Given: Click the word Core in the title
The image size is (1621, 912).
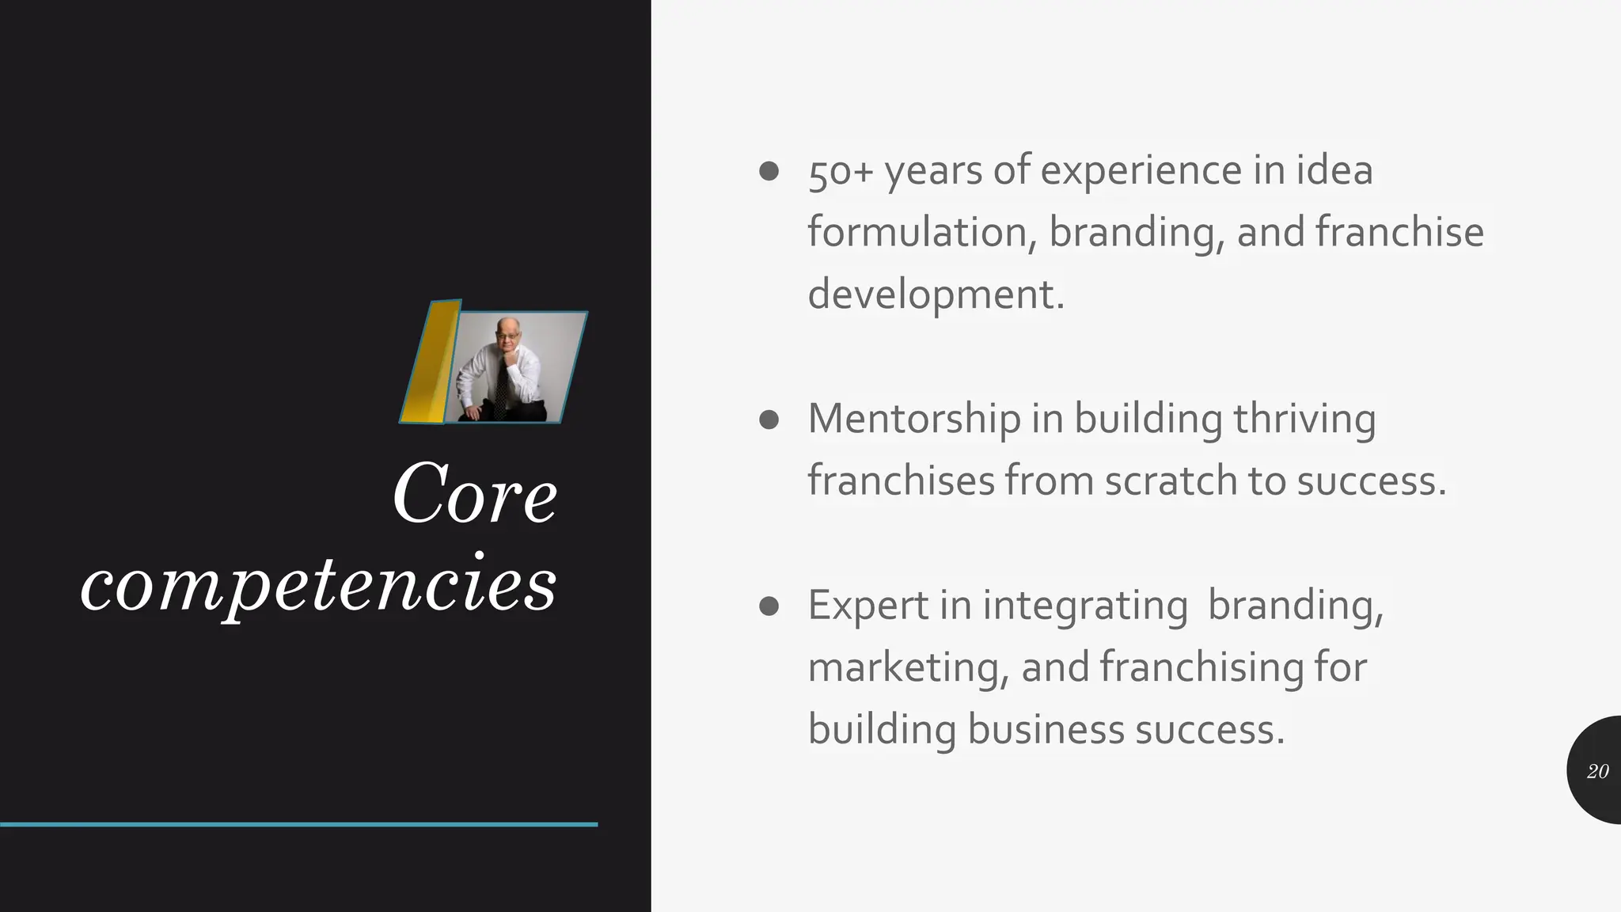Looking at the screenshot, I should (x=475, y=494).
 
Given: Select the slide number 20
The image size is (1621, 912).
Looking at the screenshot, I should (x=1597, y=771).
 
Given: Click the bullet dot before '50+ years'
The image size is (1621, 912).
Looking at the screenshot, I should (x=769, y=171).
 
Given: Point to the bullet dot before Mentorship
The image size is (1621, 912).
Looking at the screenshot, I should (x=769, y=419).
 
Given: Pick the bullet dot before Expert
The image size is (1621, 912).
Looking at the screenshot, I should (x=769, y=606).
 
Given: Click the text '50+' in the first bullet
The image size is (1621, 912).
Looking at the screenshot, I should (x=840, y=172).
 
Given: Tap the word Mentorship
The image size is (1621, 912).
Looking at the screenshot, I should (x=913, y=419).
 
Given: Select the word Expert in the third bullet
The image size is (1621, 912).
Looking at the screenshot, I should (x=867, y=606).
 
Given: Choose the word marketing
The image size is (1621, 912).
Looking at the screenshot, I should (x=904, y=667).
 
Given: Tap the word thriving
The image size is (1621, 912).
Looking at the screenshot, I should (x=1304, y=419).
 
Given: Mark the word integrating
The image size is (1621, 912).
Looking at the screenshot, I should (x=1084, y=606).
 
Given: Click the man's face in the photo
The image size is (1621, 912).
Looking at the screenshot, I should (x=507, y=336).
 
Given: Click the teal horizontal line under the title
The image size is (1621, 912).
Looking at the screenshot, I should (x=298, y=824).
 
